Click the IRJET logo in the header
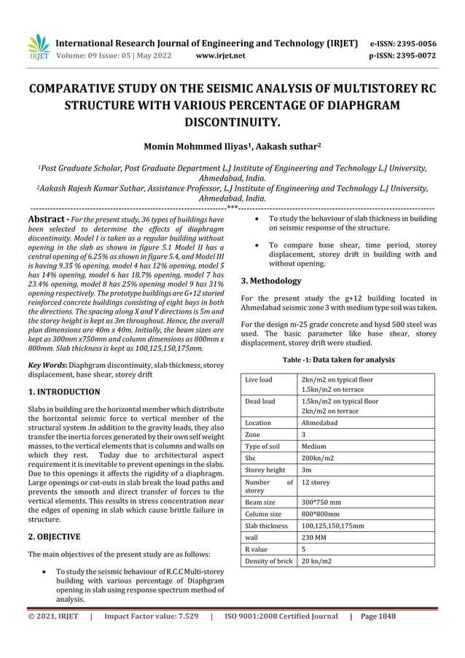pos(38,47)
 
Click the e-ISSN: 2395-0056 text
pos(403,43)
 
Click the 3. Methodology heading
pos(270,280)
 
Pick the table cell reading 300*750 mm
pos(321,502)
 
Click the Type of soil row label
pos(264,446)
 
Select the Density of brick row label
pos(269,560)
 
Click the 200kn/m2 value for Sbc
pos(319,457)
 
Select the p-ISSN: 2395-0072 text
pos(403,55)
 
